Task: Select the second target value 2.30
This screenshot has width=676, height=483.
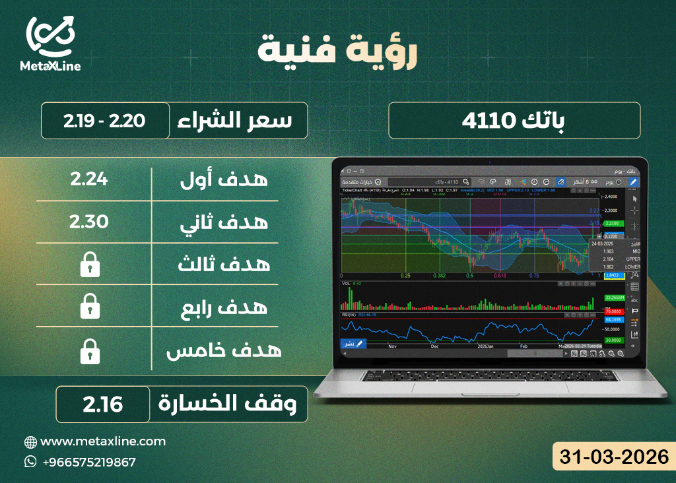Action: [x=89, y=221]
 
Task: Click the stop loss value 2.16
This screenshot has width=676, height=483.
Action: [x=103, y=404]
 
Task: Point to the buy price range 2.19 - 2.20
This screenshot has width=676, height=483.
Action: [x=104, y=121]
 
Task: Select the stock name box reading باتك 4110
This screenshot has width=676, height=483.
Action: [x=514, y=121]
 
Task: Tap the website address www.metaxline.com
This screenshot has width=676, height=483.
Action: [x=103, y=441]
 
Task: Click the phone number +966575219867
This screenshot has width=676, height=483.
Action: [x=89, y=462]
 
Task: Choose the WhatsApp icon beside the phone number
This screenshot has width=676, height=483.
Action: [x=30, y=462]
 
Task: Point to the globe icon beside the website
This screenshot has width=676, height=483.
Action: [x=30, y=441]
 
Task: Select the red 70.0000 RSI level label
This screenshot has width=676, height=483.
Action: [x=614, y=311]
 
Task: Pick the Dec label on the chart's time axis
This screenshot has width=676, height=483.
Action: [x=434, y=345]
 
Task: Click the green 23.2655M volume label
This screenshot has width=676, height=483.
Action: [x=614, y=298]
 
